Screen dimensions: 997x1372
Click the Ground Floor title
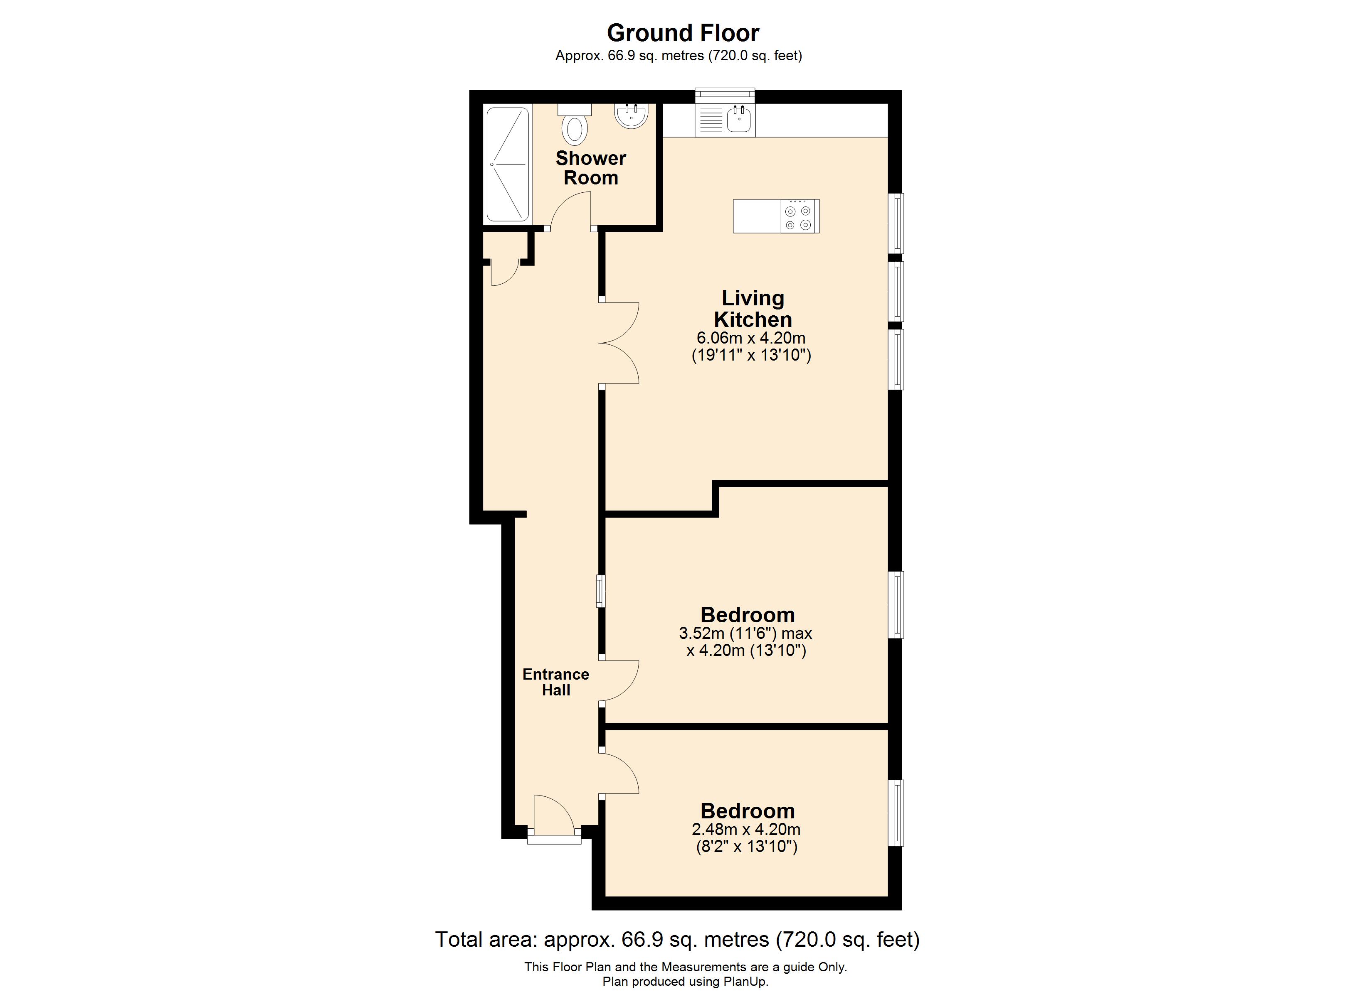[683, 33]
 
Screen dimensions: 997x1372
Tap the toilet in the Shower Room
[575, 128]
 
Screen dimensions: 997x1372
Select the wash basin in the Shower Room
[632, 115]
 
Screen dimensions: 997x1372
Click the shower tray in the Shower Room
[508, 165]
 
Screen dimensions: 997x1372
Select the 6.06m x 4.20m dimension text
[751, 338]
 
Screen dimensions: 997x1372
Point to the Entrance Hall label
[555, 682]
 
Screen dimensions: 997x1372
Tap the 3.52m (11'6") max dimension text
[745, 634]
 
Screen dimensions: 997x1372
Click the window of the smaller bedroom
[896, 813]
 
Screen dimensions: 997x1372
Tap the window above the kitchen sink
[725, 94]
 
